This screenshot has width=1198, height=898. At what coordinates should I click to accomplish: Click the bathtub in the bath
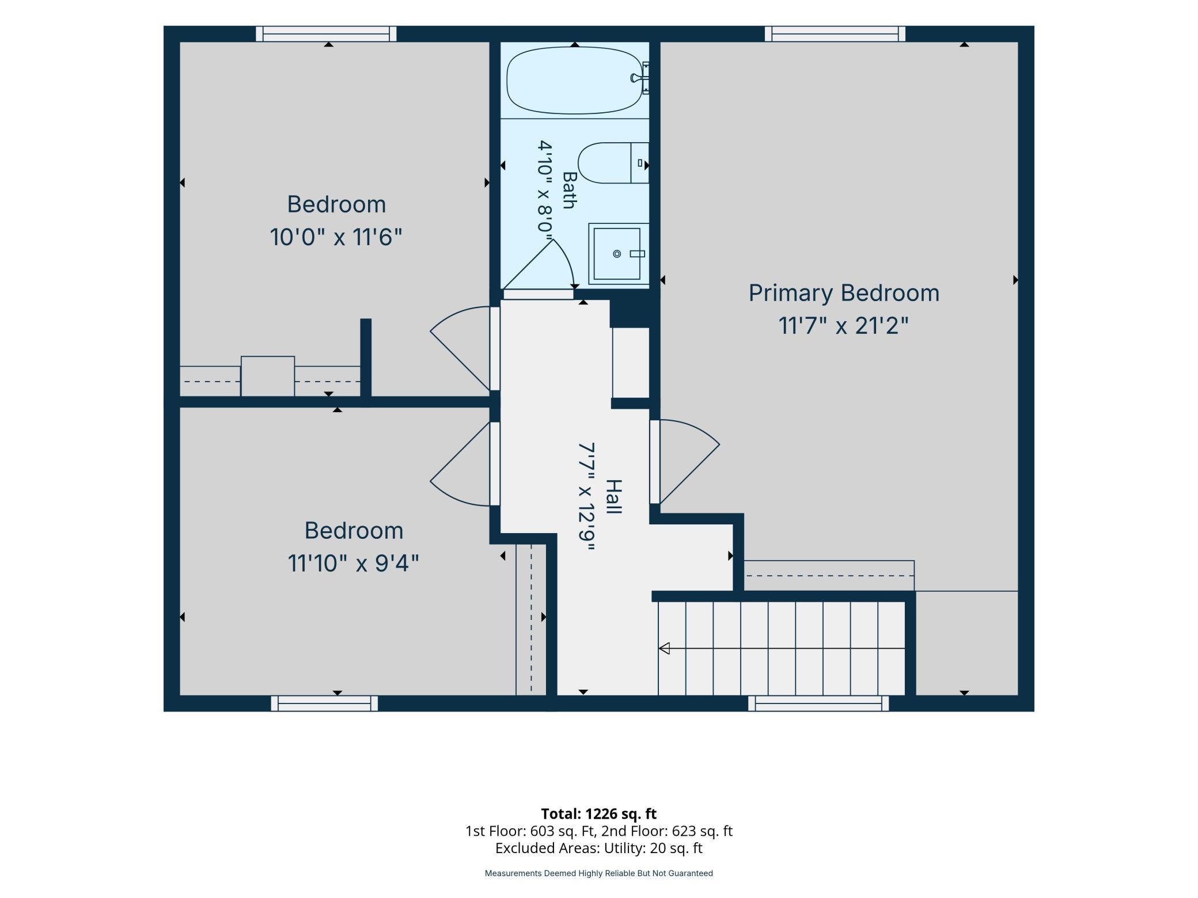coord(575,80)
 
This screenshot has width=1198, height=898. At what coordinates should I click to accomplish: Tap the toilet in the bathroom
coord(613,163)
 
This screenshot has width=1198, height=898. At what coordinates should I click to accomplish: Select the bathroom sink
coord(618,254)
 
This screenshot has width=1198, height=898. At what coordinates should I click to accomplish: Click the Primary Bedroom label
coord(844,294)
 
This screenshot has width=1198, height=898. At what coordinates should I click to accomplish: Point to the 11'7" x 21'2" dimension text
coord(843,326)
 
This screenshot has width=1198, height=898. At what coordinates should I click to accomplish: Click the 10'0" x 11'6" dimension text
coord(336,237)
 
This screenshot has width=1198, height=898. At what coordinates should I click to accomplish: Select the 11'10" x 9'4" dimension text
coord(353,563)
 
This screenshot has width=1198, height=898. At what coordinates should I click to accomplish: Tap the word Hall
coord(614,497)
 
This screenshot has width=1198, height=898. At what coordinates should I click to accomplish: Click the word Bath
coord(569,190)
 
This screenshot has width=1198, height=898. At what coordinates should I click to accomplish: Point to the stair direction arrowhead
coord(664,648)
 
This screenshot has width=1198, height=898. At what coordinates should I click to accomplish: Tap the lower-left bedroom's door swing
coord(449,463)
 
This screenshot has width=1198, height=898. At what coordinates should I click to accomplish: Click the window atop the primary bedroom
coord(835,33)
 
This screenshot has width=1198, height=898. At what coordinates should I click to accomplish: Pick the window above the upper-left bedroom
coord(326,33)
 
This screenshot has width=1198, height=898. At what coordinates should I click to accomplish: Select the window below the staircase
coord(818,703)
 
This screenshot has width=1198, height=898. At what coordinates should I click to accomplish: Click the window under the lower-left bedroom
coord(324,703)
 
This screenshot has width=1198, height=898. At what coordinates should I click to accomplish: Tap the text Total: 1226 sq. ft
coord(599,813)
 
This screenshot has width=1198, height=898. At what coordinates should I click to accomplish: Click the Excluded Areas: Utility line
coord(599,848)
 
